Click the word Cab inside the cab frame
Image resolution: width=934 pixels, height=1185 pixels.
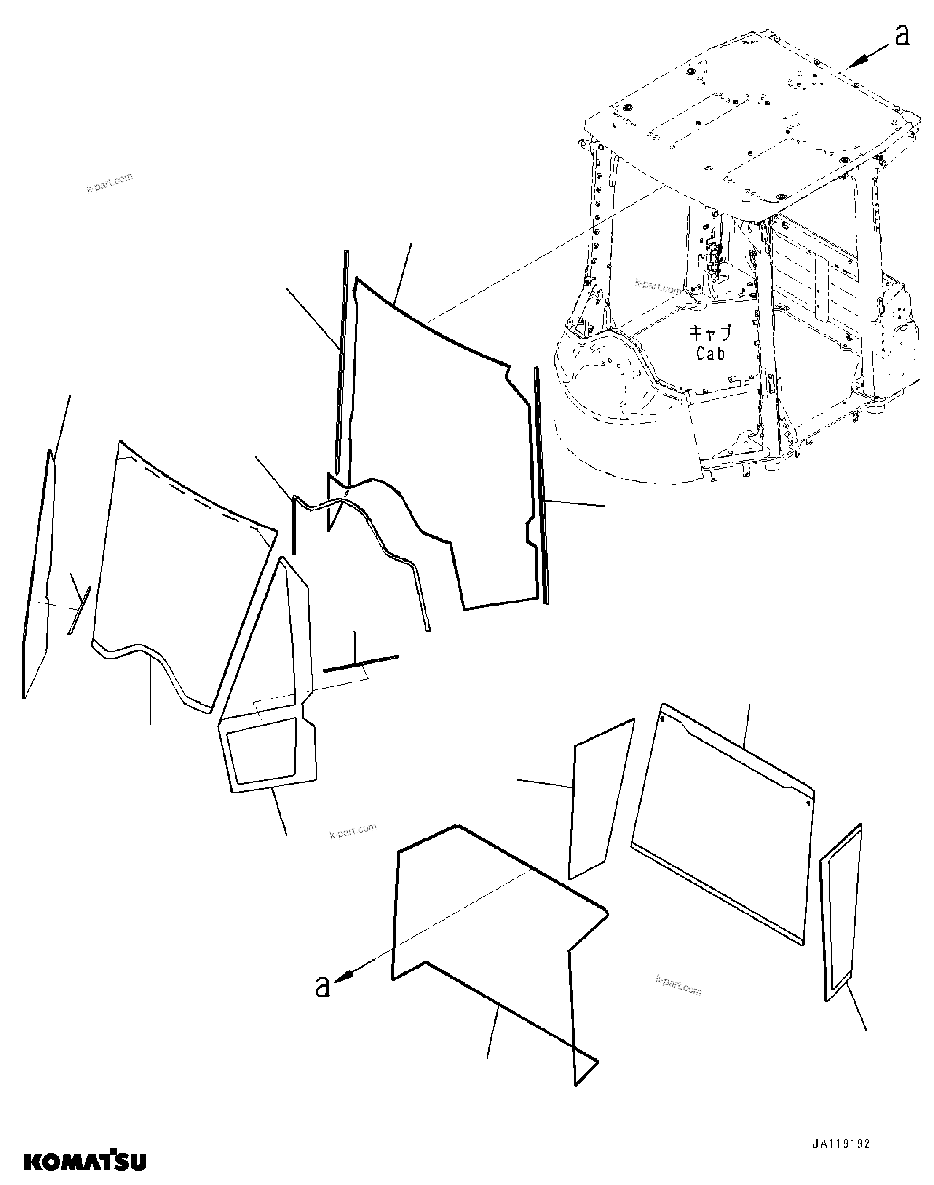710,354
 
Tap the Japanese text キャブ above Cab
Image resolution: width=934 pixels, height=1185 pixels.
710,332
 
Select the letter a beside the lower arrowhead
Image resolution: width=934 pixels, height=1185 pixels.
323,987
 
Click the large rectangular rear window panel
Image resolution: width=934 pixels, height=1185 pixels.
722,820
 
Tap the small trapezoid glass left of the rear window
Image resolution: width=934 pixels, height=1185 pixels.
600,801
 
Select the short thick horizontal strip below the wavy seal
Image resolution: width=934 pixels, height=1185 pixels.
361,662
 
